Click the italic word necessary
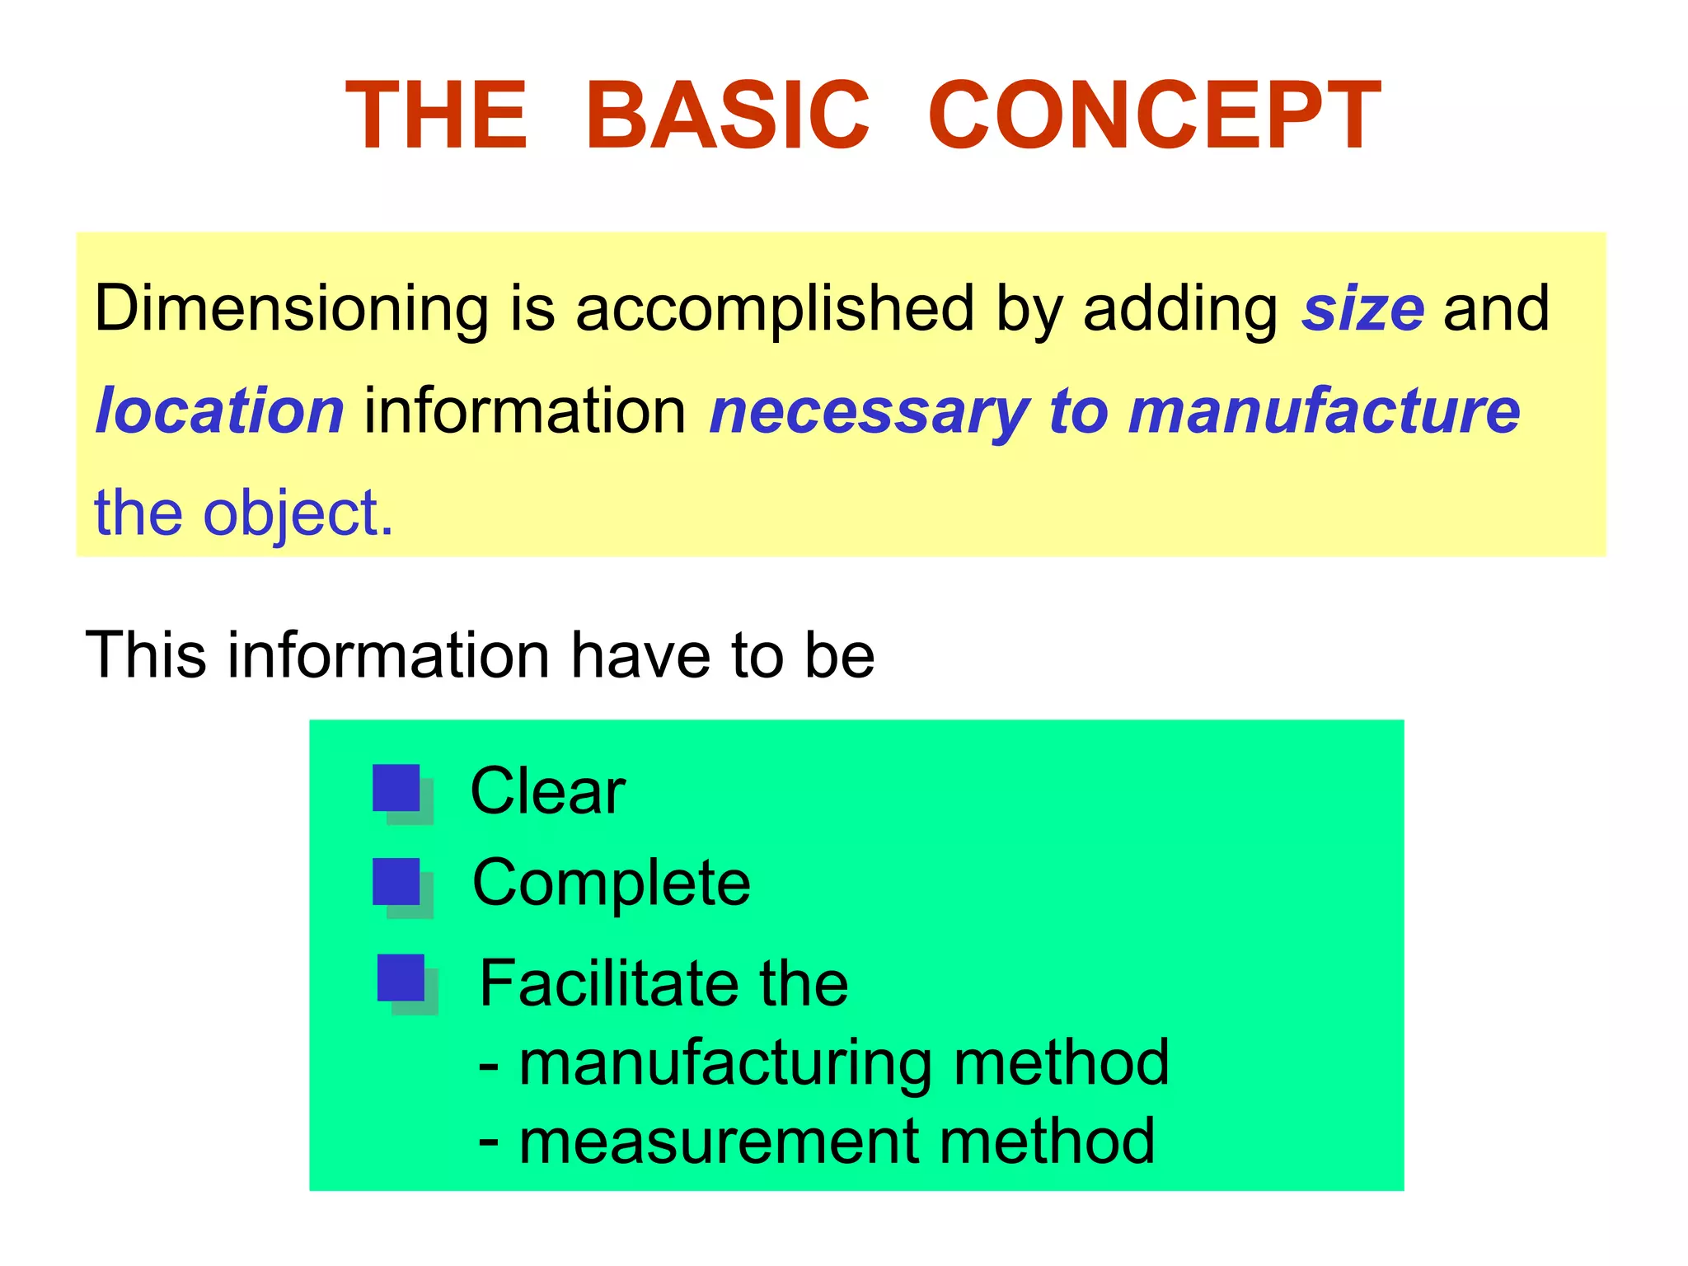[x=869, y=412]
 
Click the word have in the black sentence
[x=641, y=655]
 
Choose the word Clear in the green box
[x=547, y=791]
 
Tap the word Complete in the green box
[x=611, y=883]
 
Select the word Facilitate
[x=608, y=983]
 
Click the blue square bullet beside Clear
[x=397, y=789]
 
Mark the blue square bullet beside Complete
[x=397, y=882]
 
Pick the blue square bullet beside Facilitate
[x=401, y=978]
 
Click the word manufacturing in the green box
[x=726, y=1063]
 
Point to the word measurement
[x=718, y=1142]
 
